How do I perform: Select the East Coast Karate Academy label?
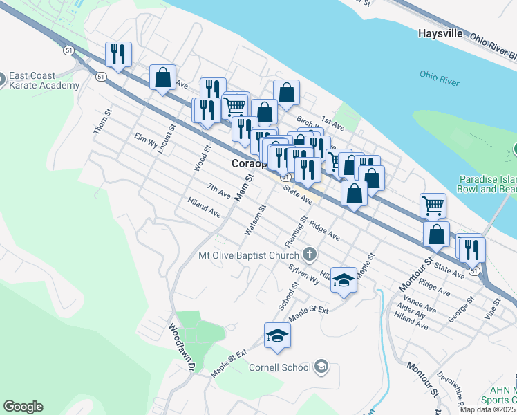pyautogui.click(x=44, y=80)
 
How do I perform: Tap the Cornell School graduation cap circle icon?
pyautogui.click(x=321, y=366)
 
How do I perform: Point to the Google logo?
pyautogui.click(x=23, y=407)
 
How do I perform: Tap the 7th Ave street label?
pyautogui.click(x=219, y=190)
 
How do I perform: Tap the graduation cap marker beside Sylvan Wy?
pyautogui.click(x=344, y=279)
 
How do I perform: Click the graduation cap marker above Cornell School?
pyautogui.click(x=277, y=335)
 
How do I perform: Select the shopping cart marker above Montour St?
pyautogui.click(x=433, y=204)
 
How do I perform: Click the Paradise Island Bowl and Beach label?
pyautogui.click(x=487, y=183)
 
